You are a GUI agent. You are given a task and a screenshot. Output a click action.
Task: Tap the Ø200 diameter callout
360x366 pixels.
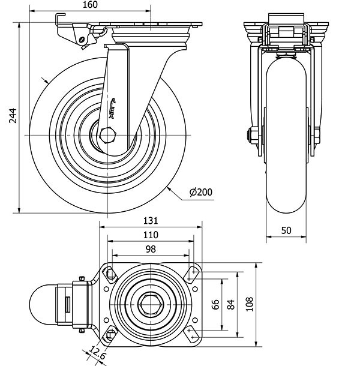tap(201, 192)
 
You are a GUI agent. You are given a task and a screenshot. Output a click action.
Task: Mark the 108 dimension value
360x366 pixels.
tap(249, 304)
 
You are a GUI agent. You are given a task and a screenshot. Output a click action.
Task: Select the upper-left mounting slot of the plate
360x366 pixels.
tap(110, 275)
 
